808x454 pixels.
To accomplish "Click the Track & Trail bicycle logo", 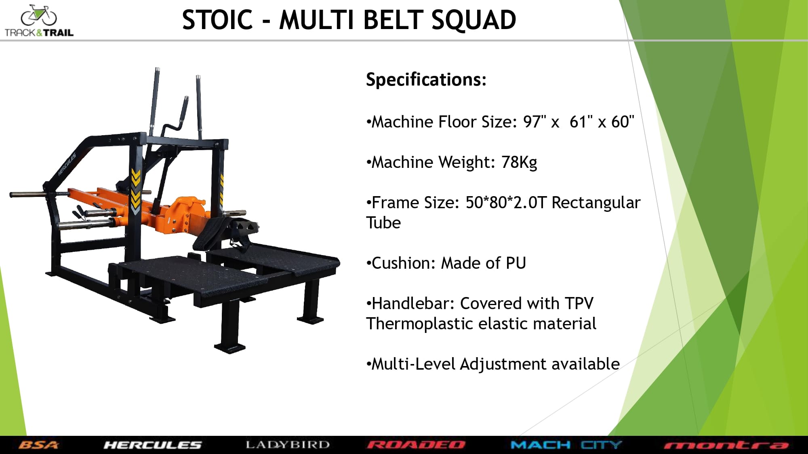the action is click(39, 21).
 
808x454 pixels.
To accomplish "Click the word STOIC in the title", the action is click(217, 20).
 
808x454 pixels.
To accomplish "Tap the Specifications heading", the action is click(426, 80).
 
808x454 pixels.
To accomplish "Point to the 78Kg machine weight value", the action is click(519, 162).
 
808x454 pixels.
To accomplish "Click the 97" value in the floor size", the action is click(534, 121).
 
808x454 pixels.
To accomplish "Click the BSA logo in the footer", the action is click(39, 445).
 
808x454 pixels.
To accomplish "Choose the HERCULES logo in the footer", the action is click(152, 445).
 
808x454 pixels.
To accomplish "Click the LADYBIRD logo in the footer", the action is click(288, 445).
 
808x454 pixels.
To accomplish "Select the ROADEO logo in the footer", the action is click(416, 445).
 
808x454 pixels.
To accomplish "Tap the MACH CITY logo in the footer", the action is click(566, 445).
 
